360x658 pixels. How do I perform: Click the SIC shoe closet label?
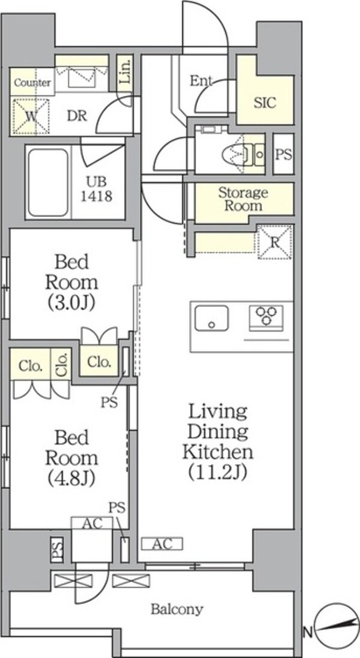coord(265,103)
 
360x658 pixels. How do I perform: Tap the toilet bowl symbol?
coord(233,154)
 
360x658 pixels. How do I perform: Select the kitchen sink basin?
coord(212,318)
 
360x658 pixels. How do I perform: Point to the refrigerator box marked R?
coord(274,242)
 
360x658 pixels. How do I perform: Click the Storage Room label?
coord(243,199)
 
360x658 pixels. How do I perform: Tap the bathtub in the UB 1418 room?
coord(48,182)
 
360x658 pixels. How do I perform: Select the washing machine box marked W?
coord(31,116)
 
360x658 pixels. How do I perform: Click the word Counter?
coord(32,82)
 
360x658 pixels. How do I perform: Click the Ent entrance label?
coord(201,80)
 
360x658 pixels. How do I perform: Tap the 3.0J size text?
coord(71,302)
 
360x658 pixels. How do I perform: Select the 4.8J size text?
coord(71,476)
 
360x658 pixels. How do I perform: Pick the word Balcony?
coord(177,609)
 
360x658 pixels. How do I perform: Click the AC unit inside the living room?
coord(162,544)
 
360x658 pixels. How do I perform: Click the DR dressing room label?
coord(77,115)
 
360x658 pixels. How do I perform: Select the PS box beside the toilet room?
coord(284,154)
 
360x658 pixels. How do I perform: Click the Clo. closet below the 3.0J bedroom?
coord(100,361)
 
